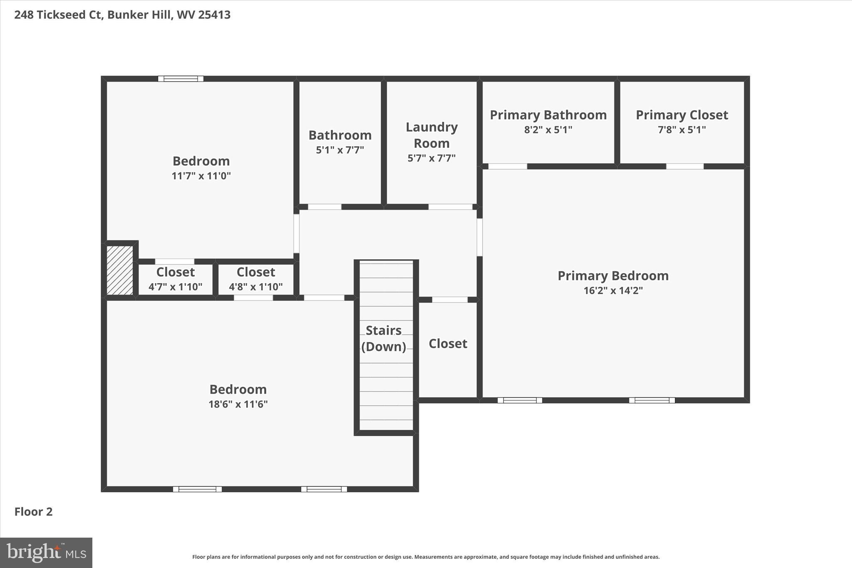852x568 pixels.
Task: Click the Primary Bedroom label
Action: (613, 276)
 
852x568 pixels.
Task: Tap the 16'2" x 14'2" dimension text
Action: (613, 290)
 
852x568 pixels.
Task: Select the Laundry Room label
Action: (431, 135)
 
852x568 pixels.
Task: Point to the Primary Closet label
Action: (681, 115)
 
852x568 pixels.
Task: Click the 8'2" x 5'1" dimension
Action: (548, 130)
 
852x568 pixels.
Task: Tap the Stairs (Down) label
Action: (383, 338)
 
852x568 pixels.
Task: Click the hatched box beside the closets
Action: (120, 270)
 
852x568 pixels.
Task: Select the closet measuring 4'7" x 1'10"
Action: (175, 279)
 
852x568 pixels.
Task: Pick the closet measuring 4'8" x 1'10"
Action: (255, 279)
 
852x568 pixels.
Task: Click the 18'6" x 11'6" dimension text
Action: (238, 404)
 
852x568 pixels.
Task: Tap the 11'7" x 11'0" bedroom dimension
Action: (201, 176)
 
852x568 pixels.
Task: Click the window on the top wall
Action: (181, 79)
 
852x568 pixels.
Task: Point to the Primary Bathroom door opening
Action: (507, 166)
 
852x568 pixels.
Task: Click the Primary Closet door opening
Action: (685, 166)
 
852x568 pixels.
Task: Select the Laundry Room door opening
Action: (450, 207)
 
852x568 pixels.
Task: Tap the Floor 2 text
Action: (33, 512)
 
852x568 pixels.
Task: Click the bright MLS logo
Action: (46, 553)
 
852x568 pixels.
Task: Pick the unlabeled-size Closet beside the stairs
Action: (448, 344)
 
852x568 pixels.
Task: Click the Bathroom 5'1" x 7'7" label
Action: (340, 142)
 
